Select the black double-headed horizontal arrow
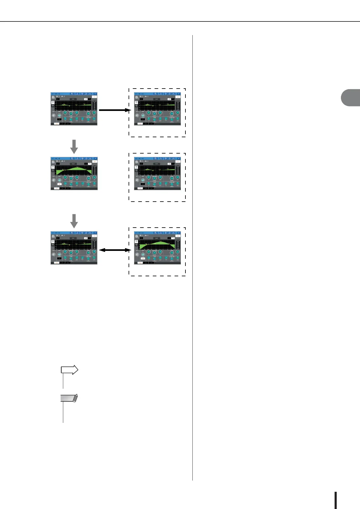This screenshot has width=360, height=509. tap(115, 250)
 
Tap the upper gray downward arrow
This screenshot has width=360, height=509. tap(74, 146)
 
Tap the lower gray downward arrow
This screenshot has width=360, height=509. tap(74, 221)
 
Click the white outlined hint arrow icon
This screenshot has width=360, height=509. tap(70, 370)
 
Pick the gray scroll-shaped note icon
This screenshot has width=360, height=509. tap(69, 398)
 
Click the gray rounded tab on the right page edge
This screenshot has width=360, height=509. tap(351, 98)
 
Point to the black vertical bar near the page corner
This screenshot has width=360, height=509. tap(335, 500)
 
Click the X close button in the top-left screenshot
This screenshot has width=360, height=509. tap(95, 94)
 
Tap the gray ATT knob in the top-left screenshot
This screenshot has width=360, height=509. tap(54, 115)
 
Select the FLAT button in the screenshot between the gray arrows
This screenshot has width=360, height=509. tap(73, 164)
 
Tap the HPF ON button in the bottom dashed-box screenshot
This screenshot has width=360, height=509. tap(143, 259)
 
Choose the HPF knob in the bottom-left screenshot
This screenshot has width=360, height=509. tap(59, 254)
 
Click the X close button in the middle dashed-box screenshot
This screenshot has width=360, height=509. tap(178, 158)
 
